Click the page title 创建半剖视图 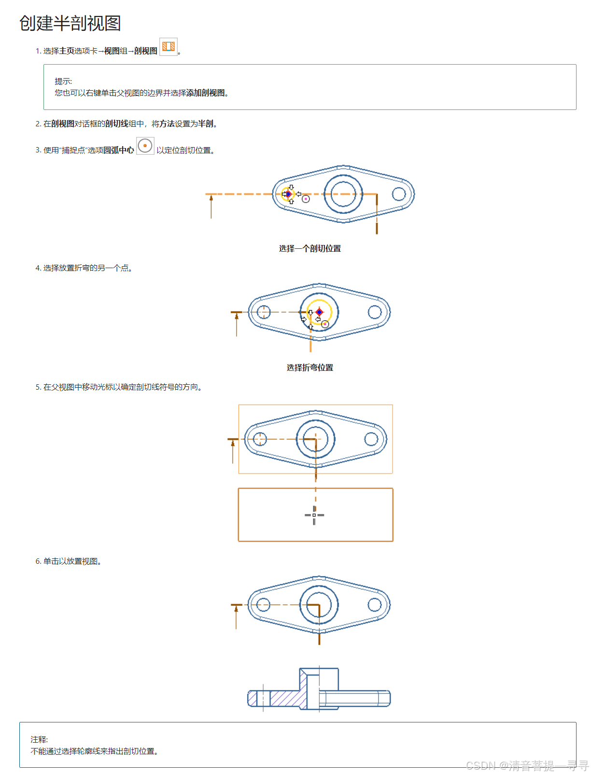click(70, 23)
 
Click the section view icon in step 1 click(169, 47)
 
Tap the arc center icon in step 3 click(145, 146)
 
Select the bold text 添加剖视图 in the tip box click(205, 93)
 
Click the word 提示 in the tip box click(63, 81)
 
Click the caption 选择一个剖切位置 click(310, 248)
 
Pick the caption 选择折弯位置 click(310, 367)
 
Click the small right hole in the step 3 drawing click(399, 194)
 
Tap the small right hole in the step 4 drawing click(375, 312)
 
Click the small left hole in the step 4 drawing click(264, 312)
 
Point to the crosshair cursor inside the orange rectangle click(314, 515)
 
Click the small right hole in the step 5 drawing click(371, 439)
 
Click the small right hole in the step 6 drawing click(375, 604)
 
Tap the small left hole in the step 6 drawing click(263, 604)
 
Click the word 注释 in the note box click(39, 739)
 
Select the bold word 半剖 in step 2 click(206, 123)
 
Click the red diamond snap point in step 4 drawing click(319, 312)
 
